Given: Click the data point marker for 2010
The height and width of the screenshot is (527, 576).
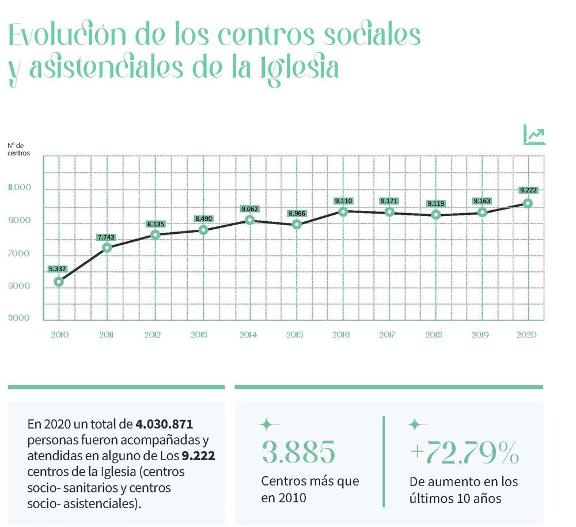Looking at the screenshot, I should (x=59, y=282).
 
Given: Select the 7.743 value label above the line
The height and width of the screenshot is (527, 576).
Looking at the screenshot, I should (x=106, y=237).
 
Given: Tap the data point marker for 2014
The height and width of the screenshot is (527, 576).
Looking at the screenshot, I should (x=249, y=220).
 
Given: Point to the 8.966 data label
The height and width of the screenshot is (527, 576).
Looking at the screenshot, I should (x=296, y=214).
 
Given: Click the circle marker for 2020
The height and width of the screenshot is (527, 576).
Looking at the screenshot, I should (x=527, y=203).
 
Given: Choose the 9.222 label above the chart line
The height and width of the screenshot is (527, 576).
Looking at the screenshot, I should (x=528, y=191).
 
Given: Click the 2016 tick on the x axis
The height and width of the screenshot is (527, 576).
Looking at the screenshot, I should (x=343, y=334).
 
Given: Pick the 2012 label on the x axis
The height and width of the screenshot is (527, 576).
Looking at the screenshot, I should (x=153, y=334).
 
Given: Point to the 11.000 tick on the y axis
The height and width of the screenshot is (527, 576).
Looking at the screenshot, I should (x=19, y=188).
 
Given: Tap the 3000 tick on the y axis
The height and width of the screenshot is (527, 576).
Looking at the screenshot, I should (x=19, y=318).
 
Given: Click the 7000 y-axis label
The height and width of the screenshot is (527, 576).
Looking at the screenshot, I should (x=19, y=254).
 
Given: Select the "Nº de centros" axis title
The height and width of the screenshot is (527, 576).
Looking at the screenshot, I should (x=18, y=150).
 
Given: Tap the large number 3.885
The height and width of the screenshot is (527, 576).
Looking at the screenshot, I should (x=298, y=452).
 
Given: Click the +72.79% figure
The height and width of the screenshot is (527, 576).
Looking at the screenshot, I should (x=464, y=453).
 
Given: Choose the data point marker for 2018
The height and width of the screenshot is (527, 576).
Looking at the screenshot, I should (x=436, y=215).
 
